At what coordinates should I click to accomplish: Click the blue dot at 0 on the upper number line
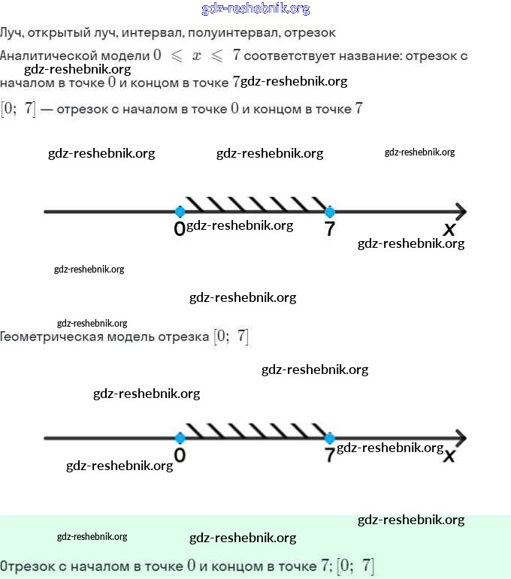click(180, 212)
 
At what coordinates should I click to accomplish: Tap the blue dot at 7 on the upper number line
click(329, 212)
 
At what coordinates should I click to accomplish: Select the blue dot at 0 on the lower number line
click(180, 438)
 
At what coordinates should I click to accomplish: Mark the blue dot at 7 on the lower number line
click(329, 438)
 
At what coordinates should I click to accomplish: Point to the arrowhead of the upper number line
click(461, 212)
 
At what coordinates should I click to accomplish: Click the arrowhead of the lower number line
click(461, 438)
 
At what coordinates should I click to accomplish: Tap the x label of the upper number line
click(449, 229)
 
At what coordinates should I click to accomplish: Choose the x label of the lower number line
click(449, 456)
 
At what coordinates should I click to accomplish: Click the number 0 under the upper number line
click(179, 230)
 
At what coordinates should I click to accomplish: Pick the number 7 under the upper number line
click(329, 230)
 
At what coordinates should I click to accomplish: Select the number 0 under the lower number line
click(180, 456)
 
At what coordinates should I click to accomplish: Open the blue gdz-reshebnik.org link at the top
click(255, 9)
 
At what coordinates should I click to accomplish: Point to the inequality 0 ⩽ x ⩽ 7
click(196, 55)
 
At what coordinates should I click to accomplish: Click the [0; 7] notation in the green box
click(355, 565)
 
